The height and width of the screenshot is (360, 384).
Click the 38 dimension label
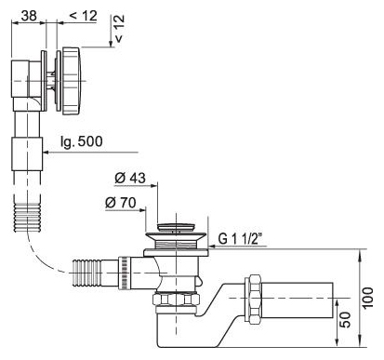point(29,16)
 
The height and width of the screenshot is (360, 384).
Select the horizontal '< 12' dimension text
point(83,16)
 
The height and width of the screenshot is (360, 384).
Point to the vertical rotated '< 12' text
point(119,28)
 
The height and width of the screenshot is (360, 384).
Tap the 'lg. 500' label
point(82,141)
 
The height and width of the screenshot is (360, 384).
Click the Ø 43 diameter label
point(130,178)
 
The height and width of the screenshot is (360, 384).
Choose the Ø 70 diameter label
point(121,203)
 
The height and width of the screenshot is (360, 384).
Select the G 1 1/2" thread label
point(240,238)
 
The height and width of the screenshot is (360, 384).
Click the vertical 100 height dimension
point(368,298)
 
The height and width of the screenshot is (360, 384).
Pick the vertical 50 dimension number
point(345,320)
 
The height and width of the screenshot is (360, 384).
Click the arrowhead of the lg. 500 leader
point(46,153)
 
